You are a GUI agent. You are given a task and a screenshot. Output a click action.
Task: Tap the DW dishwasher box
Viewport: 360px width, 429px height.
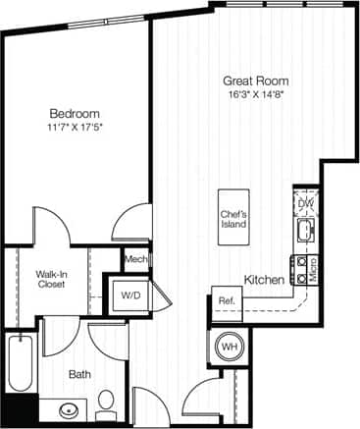[x=305, y=204]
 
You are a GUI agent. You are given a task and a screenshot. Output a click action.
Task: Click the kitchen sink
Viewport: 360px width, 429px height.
[x=304, y=231]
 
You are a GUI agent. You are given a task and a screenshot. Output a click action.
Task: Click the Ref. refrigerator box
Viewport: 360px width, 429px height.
[x=226, y=301]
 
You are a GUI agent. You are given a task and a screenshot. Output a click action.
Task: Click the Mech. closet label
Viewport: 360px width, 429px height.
[x=135, y=259]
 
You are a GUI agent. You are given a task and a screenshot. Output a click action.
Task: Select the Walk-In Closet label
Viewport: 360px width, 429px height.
[x=51, y=278]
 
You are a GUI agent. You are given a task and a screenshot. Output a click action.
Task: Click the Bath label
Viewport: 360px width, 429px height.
[x=80, y=374]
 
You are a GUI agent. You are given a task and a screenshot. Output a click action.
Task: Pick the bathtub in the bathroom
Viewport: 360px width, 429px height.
[x=20, y=365]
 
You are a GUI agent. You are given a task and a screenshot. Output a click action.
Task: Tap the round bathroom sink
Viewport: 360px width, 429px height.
[x=68, y=410]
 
